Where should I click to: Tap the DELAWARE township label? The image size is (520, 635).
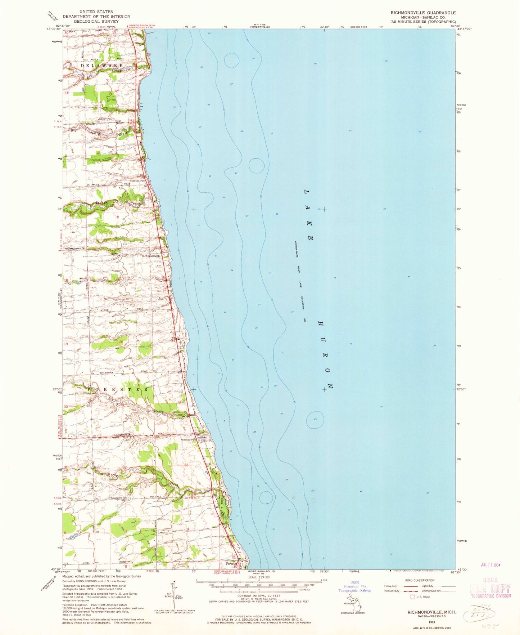coord(101,66)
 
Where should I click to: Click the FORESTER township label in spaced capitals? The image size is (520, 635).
coord(118,389)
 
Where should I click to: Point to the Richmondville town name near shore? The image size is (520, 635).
coord(151,256)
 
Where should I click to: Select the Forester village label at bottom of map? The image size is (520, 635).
coord(231,564)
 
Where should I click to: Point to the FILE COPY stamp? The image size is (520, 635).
coord(490,589)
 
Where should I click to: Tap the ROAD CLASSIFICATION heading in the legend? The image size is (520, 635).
coord(420,580)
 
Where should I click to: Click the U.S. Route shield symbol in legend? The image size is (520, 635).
coord(413,597)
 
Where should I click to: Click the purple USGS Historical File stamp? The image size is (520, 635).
coord(354,586)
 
